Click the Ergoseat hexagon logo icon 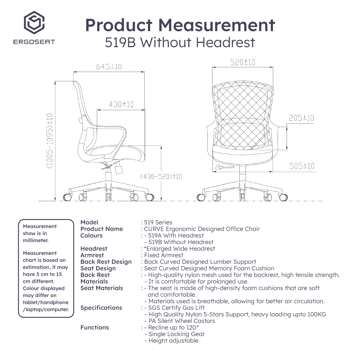pos(34,22)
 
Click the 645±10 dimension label pos(109,67)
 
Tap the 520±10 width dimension pos(243,62)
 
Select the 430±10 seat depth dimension pos(121,104)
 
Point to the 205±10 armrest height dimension pos(301,118)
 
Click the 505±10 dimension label pos(302,166)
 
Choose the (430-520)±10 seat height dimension pos(161,176)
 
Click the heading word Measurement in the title pos(216,25)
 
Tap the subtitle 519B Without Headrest pos(180,42)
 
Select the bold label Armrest pos(92,255)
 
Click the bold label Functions pos(95,327)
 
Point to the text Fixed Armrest pos(163,255)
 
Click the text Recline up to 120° pos(174,327)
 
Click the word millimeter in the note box pos(36,240)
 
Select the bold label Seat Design pos(98,269)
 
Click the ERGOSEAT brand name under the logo pos(34,42)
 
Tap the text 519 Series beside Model pos(158,222)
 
